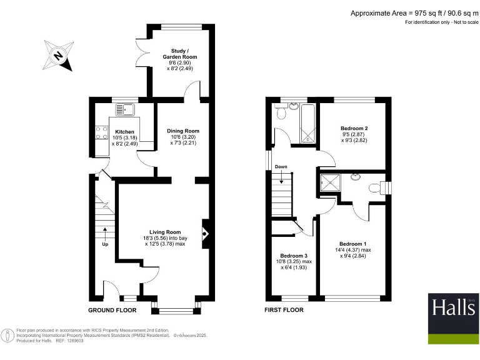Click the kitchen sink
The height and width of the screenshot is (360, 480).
tap(126, 110)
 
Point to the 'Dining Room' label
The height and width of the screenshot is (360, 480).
tap(182, 131)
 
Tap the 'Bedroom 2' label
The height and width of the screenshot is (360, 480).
tap(354, 129)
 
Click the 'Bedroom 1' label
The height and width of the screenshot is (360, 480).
tap(353, 244)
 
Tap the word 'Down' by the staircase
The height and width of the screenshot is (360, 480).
tap(281, 167)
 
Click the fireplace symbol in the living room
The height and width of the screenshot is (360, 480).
tap(204, 235)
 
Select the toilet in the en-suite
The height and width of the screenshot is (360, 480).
tap(376, 187)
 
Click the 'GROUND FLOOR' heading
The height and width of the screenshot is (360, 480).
tap(112, 310)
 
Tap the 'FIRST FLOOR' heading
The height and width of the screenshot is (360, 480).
tap(284, 310)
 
